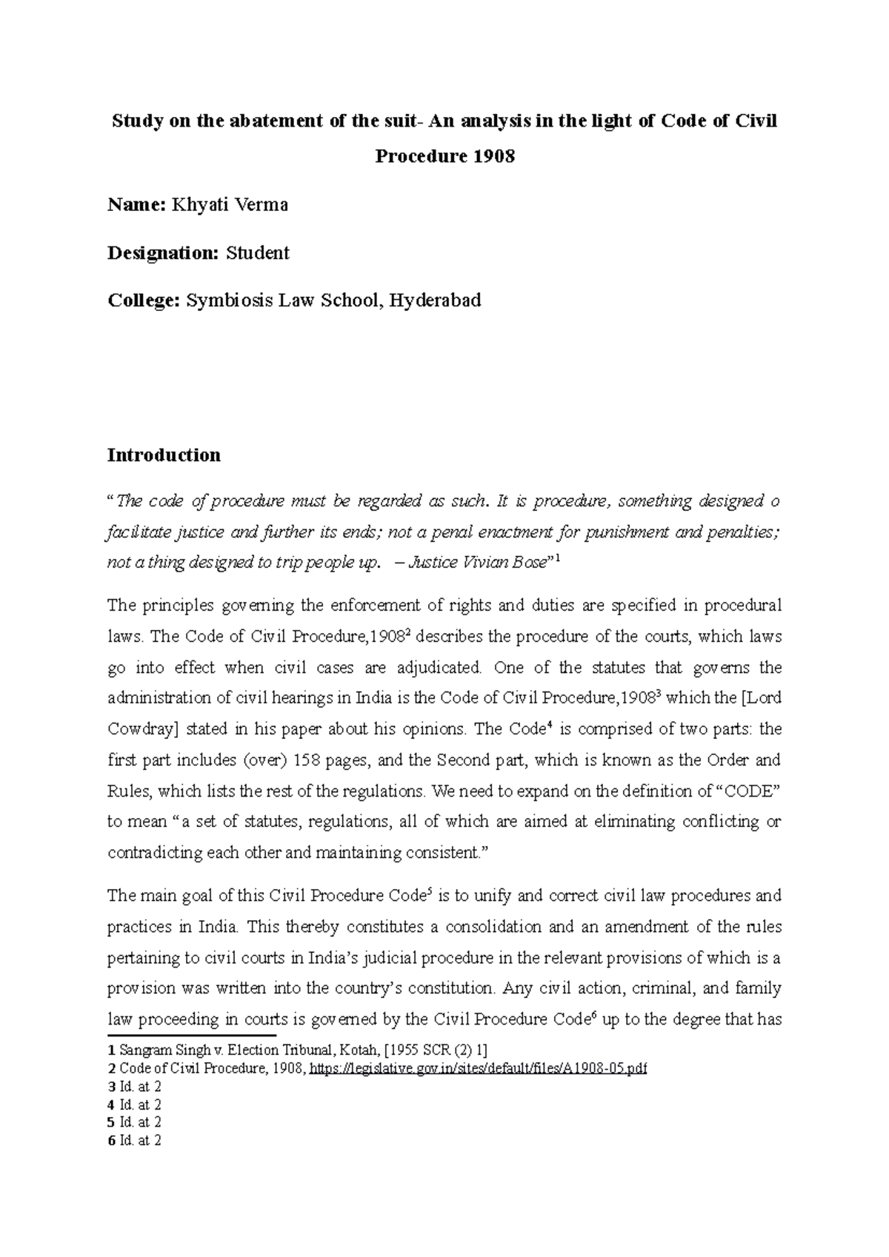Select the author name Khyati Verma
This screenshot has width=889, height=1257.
click(230, 205)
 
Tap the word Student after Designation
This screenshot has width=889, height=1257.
click(257, 253)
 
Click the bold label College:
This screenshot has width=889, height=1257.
click(144, 301)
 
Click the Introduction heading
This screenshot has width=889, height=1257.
click(164, 455)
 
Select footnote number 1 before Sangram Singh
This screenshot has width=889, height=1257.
click(111, 1050)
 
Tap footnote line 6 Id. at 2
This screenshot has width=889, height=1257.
click(134, 1141)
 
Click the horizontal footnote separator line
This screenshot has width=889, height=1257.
click(191, 1036)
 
